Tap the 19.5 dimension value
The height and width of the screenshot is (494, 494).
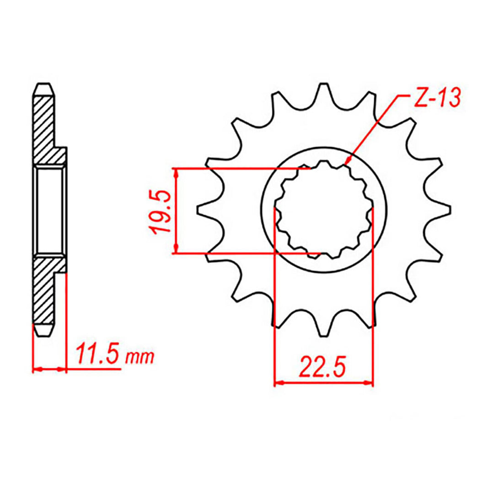click(x=162, y=210)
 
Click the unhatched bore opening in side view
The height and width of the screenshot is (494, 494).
click(x=49, y=210)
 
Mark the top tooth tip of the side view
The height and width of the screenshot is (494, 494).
click(x=44, y=86)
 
